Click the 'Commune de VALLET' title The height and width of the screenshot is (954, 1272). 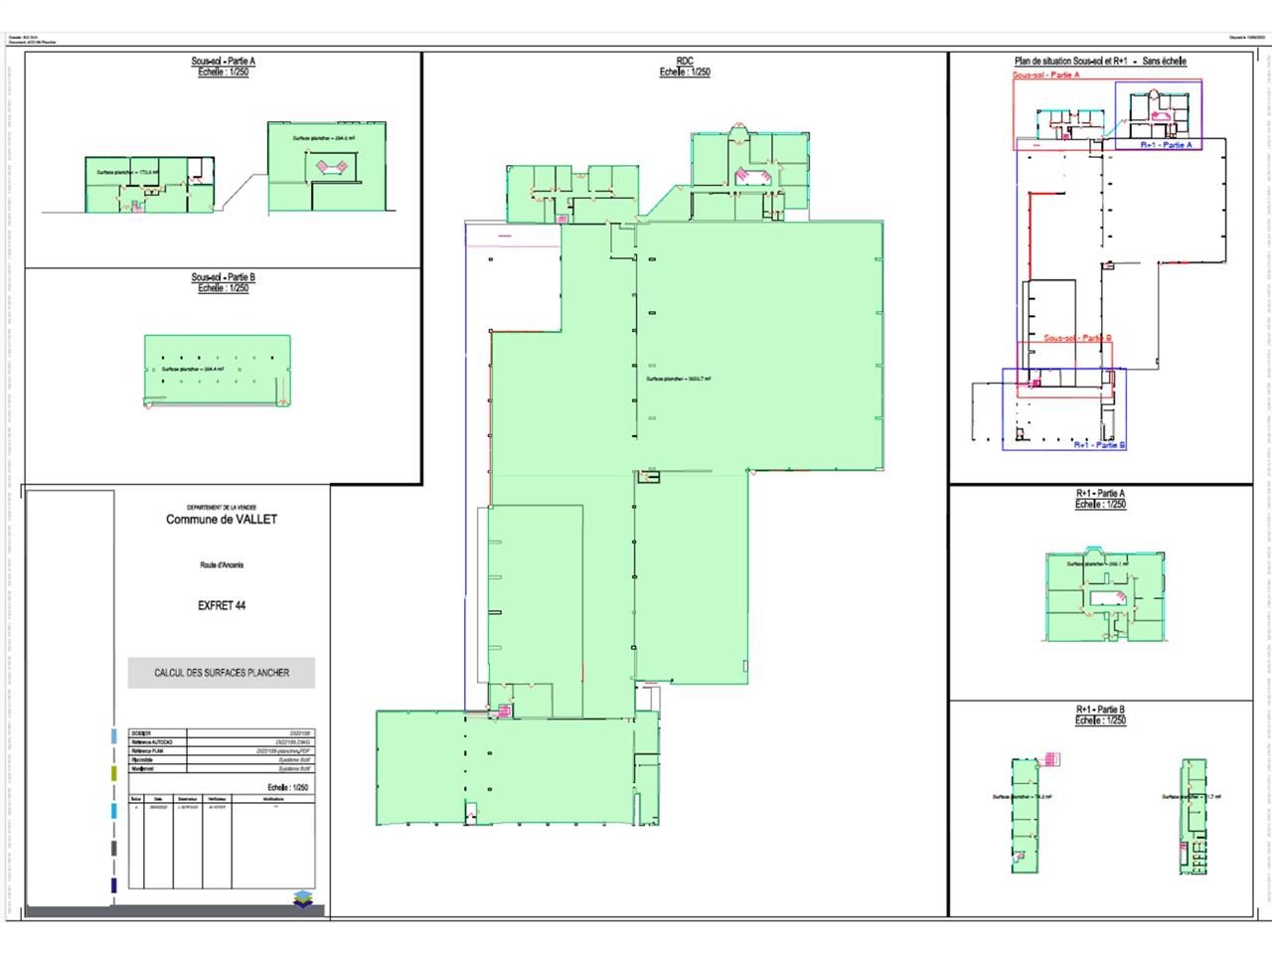[222, 520]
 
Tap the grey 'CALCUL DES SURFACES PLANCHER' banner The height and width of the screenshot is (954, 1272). [222, 673]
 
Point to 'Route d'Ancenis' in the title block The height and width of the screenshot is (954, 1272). [222, 565]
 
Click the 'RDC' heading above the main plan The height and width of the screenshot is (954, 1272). [685, 61]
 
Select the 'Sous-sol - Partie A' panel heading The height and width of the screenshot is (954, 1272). [224, 62]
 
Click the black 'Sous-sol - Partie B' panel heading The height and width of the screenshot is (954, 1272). [224, 277]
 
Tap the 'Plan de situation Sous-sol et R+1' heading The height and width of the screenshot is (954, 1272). [1100, 62]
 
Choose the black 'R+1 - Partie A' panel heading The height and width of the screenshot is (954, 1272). [1100, 493]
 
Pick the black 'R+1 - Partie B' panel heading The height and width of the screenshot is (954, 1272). [1100, 710]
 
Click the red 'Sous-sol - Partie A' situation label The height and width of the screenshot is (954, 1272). [1045, 75]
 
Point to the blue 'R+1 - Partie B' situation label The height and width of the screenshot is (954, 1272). [1099, 445]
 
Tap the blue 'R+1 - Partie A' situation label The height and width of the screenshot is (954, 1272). [1166, 145]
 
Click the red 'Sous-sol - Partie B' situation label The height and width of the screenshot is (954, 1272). [1077, 338]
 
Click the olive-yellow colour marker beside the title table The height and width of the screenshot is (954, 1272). [114, 773]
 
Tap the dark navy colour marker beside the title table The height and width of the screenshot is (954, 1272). [114, 884]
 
